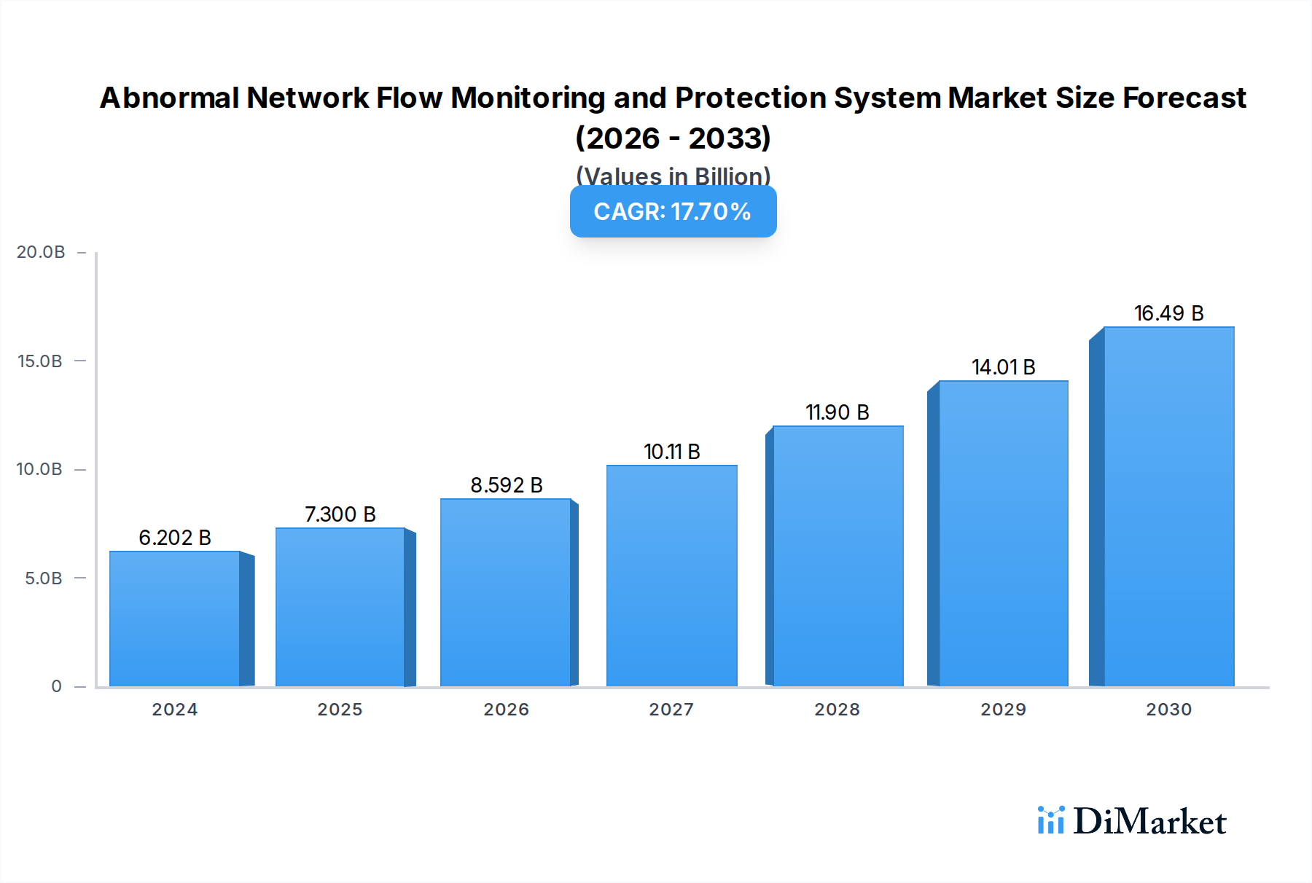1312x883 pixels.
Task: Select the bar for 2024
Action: tap(175, 619)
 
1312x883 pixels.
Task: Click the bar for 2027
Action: tap(671, 576)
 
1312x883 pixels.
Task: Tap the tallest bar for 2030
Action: tap(1168, 506)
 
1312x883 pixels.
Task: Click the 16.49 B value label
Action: tap(1168, 313)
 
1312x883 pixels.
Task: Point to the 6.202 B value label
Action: tap(175, 538)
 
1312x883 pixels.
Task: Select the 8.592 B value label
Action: tap(507, 485)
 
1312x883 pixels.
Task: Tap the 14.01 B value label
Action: tap(1003, 367)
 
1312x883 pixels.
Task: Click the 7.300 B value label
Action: tap(340, 514)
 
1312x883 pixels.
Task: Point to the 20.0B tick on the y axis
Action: tap(41, 252)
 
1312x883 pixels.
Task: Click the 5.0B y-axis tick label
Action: tap(43, 578)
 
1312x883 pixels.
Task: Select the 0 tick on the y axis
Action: tap(56, 686)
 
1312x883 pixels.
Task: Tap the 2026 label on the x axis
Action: tap(507, 710)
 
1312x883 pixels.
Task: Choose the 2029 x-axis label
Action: tap(1003, 710)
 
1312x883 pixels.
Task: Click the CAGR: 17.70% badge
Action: tap(673, 212)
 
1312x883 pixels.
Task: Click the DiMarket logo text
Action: tap(1149, 822)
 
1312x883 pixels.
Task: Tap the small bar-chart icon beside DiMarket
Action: tap(1050, 820)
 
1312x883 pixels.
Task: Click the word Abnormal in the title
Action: tap(169, 98)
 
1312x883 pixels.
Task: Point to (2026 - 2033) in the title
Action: tap(673, 138)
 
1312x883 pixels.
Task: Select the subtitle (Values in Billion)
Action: tap(673, 176)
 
